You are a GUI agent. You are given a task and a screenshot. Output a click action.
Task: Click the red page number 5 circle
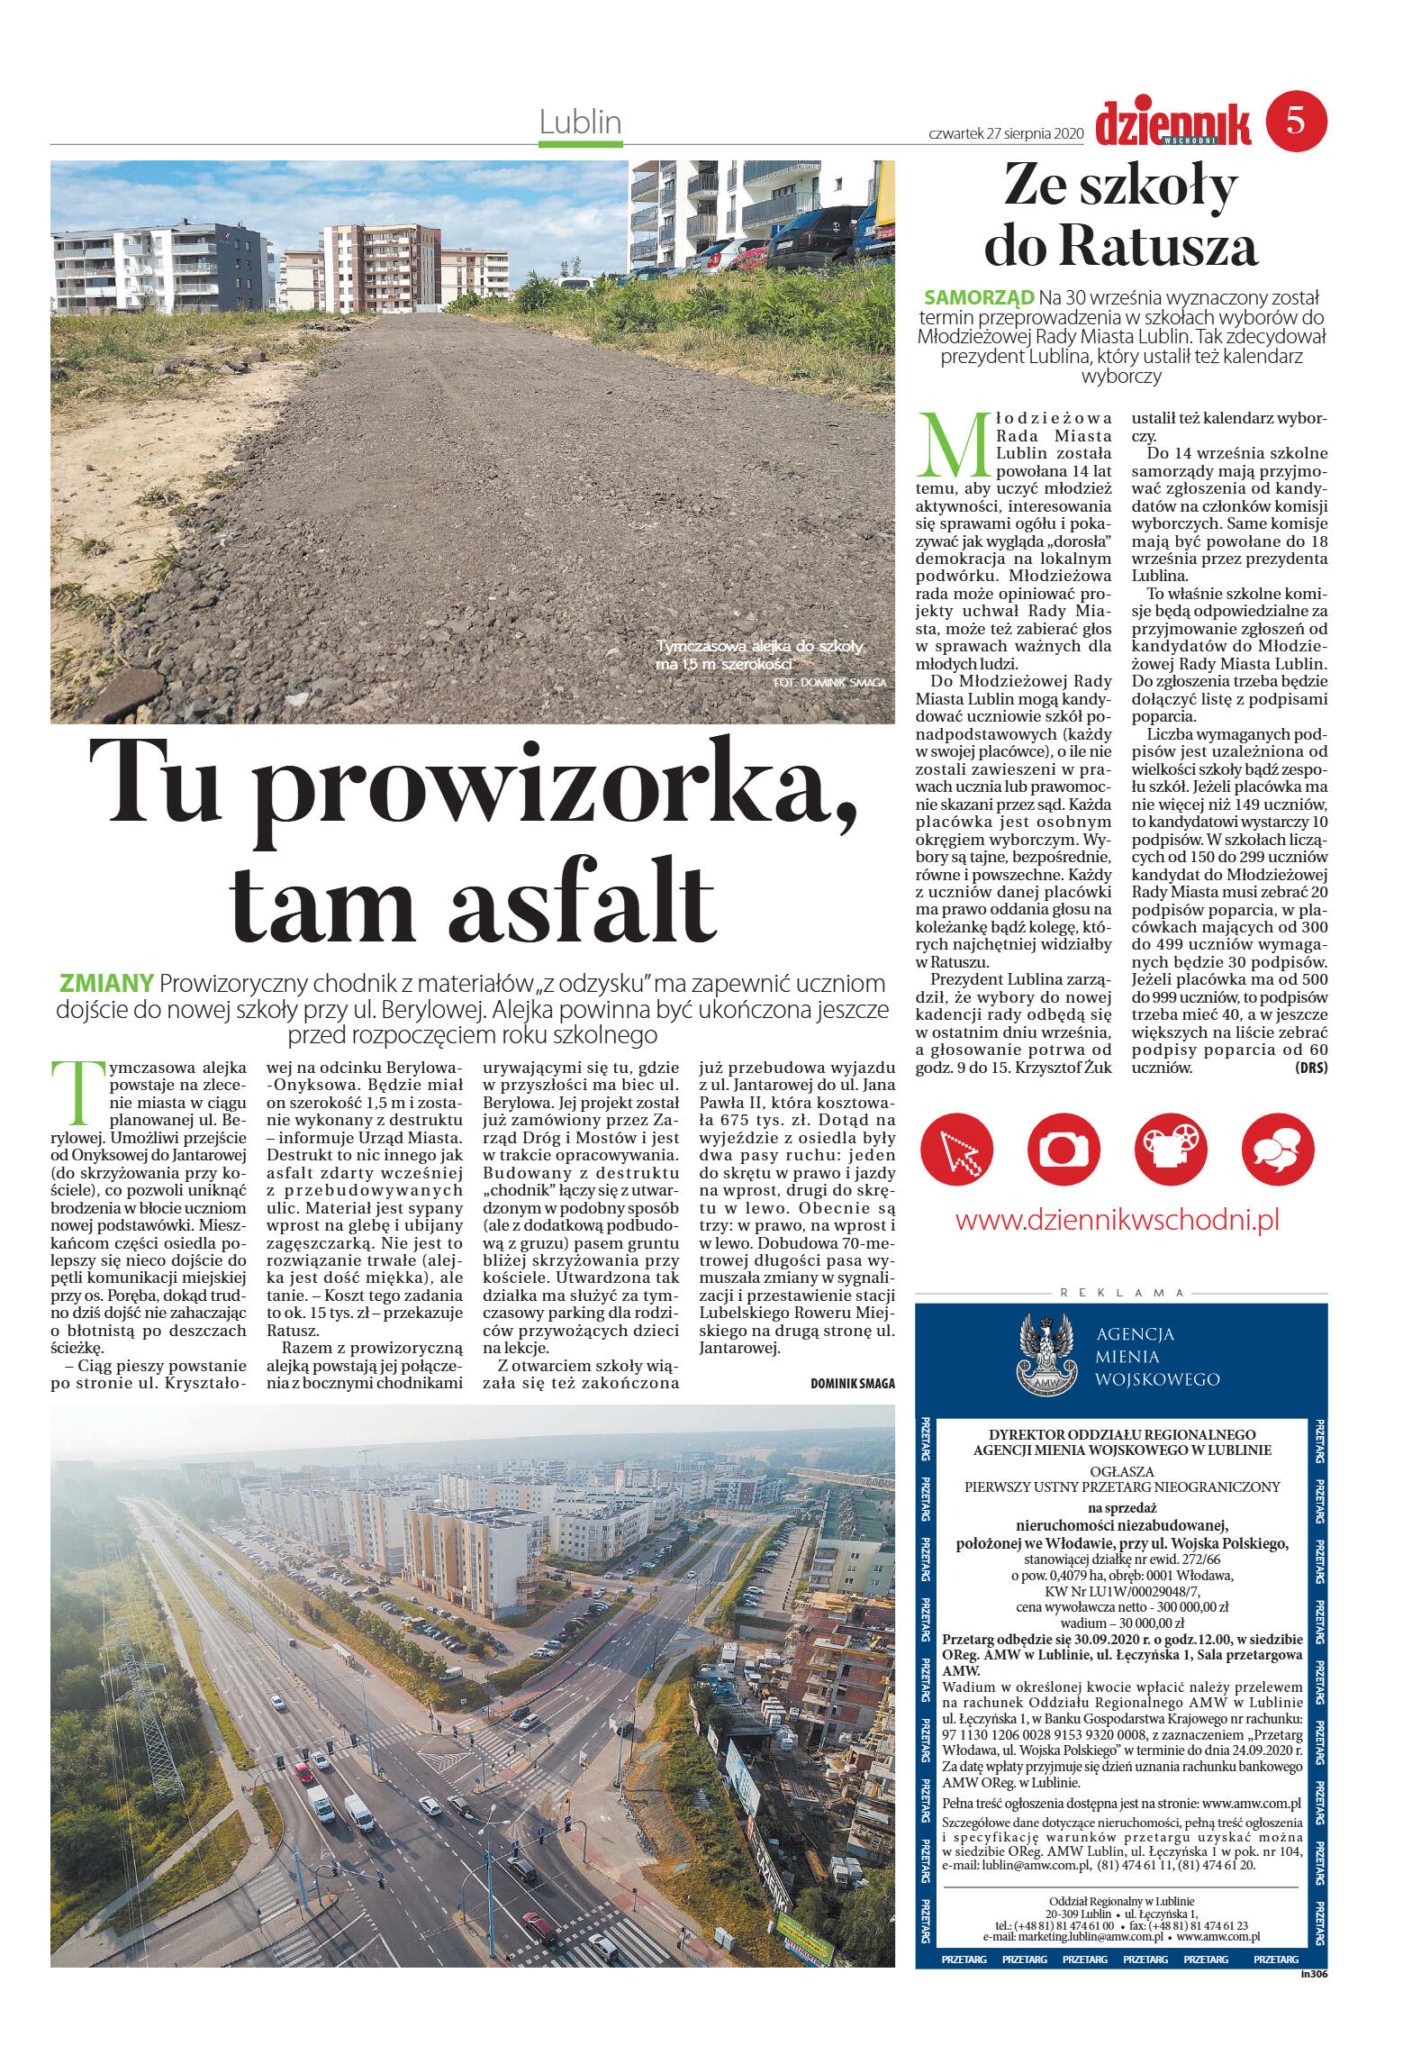tap(1295, 122)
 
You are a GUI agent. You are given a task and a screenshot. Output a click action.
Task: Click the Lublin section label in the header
tap(580, 123)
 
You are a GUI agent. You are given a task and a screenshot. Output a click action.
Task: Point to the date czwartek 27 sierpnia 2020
tap(1004, 133)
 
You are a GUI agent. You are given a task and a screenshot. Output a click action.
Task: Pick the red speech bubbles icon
tap(1280, 1148)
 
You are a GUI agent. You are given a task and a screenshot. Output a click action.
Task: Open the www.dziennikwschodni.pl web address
tap(1118, 1220)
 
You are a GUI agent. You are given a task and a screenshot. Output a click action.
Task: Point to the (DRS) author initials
tap(1310, 1068)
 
